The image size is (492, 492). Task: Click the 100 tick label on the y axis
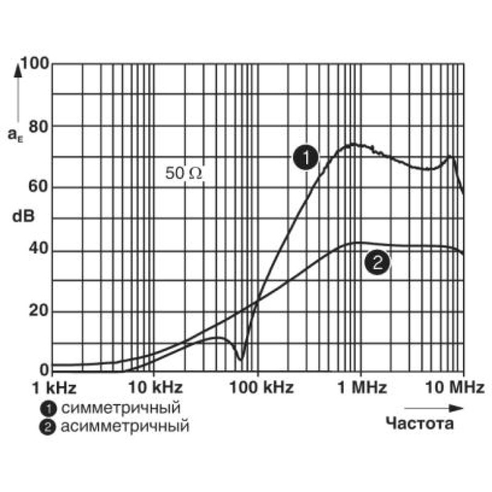pyautogui.click(x=36, y=63)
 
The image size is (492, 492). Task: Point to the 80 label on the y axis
pyautogui.click(x=39, y=127)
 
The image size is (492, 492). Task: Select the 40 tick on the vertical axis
pyautogui.click(x=39, y=248)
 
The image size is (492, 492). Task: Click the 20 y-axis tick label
pyautogui.click(x=39, y=310)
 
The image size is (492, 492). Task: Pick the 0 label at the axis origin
pyautogui.click(x=44, y=370)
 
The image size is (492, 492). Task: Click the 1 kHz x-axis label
pyautogui.click(x=54, y=388)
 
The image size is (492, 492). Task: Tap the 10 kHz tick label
pyautogui.click(x=156, y=387)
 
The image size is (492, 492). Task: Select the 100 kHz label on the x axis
pyautogui.click(x=261, y=387)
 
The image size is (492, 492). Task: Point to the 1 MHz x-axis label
pyautogui.click(x=362, y=387)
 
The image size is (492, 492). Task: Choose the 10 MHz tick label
pyautogui.click(x=454, y=387)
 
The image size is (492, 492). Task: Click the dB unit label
pyautogui.click(x=23, y=216)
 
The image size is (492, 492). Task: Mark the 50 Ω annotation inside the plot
pyautogui.click(x=183, y=173)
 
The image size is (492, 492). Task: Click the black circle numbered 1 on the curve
pyautogui.click(x=306, y=157)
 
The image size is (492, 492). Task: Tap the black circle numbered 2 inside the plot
pyautogui.click(x=377, y=262)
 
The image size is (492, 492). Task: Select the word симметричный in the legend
pyautogui.click(x=121, y=408)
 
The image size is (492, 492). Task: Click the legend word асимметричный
pyautogui.click(x=125, y=426)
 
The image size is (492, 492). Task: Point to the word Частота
pyautogui.click(x=419, y=424)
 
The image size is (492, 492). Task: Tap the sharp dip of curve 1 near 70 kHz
pyautogui.click(x=240, y=360)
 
